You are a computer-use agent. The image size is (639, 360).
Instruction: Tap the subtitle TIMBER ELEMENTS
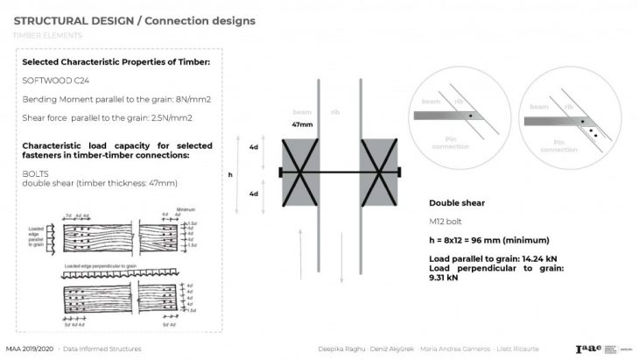click(x=47, y=35)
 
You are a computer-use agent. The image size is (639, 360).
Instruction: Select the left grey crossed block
click(x=302, y=172)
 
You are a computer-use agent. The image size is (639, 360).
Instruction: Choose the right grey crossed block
click(x=381, y=172)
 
